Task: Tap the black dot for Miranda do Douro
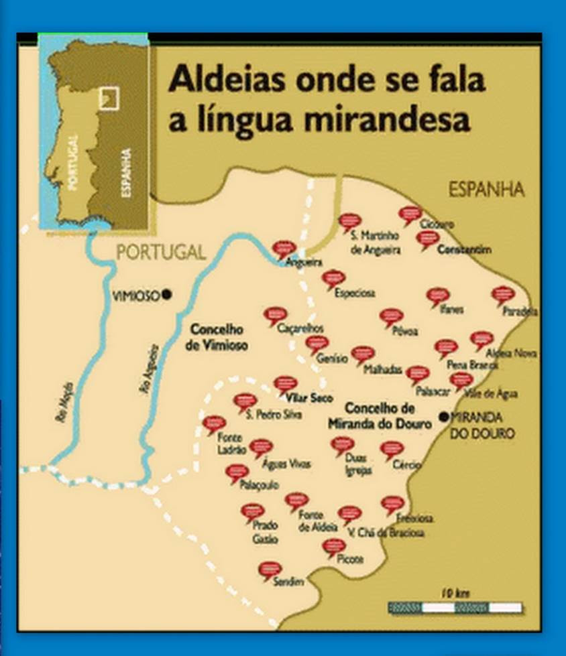point(443,416)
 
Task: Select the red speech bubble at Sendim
point(270,570)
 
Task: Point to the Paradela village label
point(520,311)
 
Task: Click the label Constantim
point(464,250)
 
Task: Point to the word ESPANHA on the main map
point(486,190)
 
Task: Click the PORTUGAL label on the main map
point(161,253)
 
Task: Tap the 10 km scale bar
point(455,607)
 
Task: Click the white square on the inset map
point(108,98)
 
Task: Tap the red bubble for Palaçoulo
point(237,472)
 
